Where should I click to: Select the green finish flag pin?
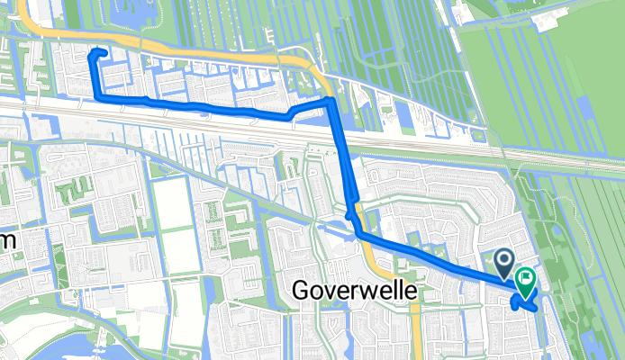pos(523,282)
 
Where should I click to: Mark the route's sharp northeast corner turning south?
pos(331,102)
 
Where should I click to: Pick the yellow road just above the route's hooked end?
pos(99,39)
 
